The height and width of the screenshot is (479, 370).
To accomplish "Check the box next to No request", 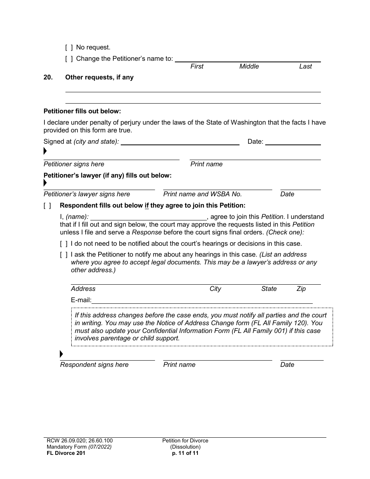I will (69, 48).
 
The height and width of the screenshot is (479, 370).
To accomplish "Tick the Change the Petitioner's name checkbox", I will (69, 59).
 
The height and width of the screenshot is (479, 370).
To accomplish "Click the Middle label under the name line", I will (249, 67).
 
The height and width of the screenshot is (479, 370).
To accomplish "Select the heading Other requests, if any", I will (99, 77).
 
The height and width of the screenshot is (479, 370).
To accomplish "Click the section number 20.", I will (48, 77).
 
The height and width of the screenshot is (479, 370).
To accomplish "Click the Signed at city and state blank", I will (180, 142).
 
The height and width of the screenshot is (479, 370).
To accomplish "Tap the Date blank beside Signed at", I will (293, 142).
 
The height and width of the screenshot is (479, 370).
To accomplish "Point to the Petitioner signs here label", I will (74, 164).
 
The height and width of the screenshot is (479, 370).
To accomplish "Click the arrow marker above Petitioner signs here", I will (45, 151).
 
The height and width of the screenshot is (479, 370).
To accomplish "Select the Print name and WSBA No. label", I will (203, 194).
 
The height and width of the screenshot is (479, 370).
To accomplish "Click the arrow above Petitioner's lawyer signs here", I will (45, 182).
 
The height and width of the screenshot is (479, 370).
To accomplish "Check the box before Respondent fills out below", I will (47, 206).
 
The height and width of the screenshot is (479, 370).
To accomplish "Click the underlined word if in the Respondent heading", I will (147, 206).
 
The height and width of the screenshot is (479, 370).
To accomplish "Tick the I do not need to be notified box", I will (63, 244).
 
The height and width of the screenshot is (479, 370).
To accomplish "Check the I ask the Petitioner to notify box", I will (63, 255).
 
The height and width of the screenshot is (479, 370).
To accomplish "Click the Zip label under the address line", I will (301, 289).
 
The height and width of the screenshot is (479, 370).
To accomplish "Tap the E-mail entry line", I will (202, 300).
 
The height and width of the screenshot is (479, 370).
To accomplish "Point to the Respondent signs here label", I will (94, 365).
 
